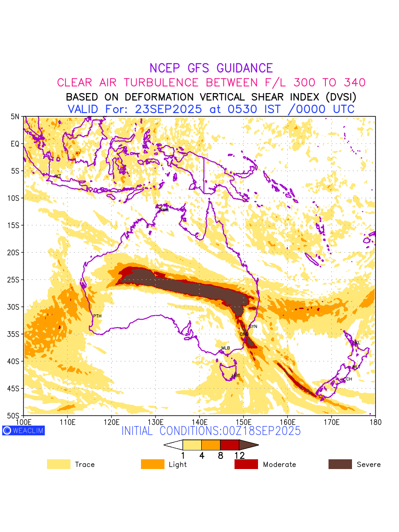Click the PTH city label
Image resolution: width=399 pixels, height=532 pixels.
coord(97,316)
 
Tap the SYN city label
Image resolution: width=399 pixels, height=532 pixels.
coord(253,327)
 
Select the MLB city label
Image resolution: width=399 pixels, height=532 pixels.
coord(226,348)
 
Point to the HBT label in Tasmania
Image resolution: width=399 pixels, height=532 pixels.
coord(236,376)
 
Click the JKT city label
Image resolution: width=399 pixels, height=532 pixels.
coord(58,176)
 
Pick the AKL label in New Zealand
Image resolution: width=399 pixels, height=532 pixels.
coord(356,343)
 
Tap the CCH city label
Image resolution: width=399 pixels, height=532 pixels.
coord(348,379)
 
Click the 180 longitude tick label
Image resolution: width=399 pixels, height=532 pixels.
coord(375,421)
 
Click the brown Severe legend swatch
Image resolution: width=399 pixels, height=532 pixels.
coord(340,464)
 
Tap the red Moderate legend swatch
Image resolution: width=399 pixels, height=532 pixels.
coord(246,464)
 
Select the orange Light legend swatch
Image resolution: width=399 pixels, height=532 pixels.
coord(153,464)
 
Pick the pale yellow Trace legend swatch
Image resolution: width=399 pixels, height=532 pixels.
coord(59,464)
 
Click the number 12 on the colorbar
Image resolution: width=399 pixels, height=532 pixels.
coord(239,455)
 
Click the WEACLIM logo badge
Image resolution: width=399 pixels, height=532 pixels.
coord(23,430)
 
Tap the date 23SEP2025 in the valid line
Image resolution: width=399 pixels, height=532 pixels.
coord(168,109)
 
